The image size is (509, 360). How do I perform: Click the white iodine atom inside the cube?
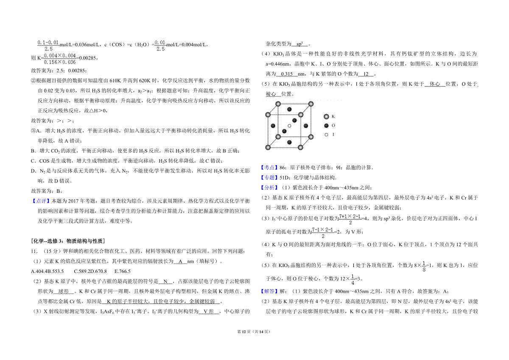point(289,126)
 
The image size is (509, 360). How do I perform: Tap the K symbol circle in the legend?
point(326,116)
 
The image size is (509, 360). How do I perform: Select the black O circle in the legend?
point(326,126)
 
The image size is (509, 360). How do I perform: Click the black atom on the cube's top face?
point(289,110)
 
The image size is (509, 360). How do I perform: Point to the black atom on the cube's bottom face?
point(289,142)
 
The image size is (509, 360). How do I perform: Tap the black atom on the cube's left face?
point(273,126)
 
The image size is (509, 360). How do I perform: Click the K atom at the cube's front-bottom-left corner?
point(268,147)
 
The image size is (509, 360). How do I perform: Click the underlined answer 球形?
point(64,292)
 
